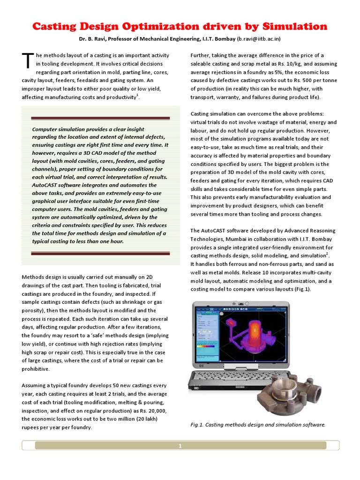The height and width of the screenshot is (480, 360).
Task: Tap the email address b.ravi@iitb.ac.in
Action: pos(259,39)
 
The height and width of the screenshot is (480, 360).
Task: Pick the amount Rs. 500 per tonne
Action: pos(309,81)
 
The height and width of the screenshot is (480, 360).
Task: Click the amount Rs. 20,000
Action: pos(152,411)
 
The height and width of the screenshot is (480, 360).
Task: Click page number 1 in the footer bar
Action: pos(180,446)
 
